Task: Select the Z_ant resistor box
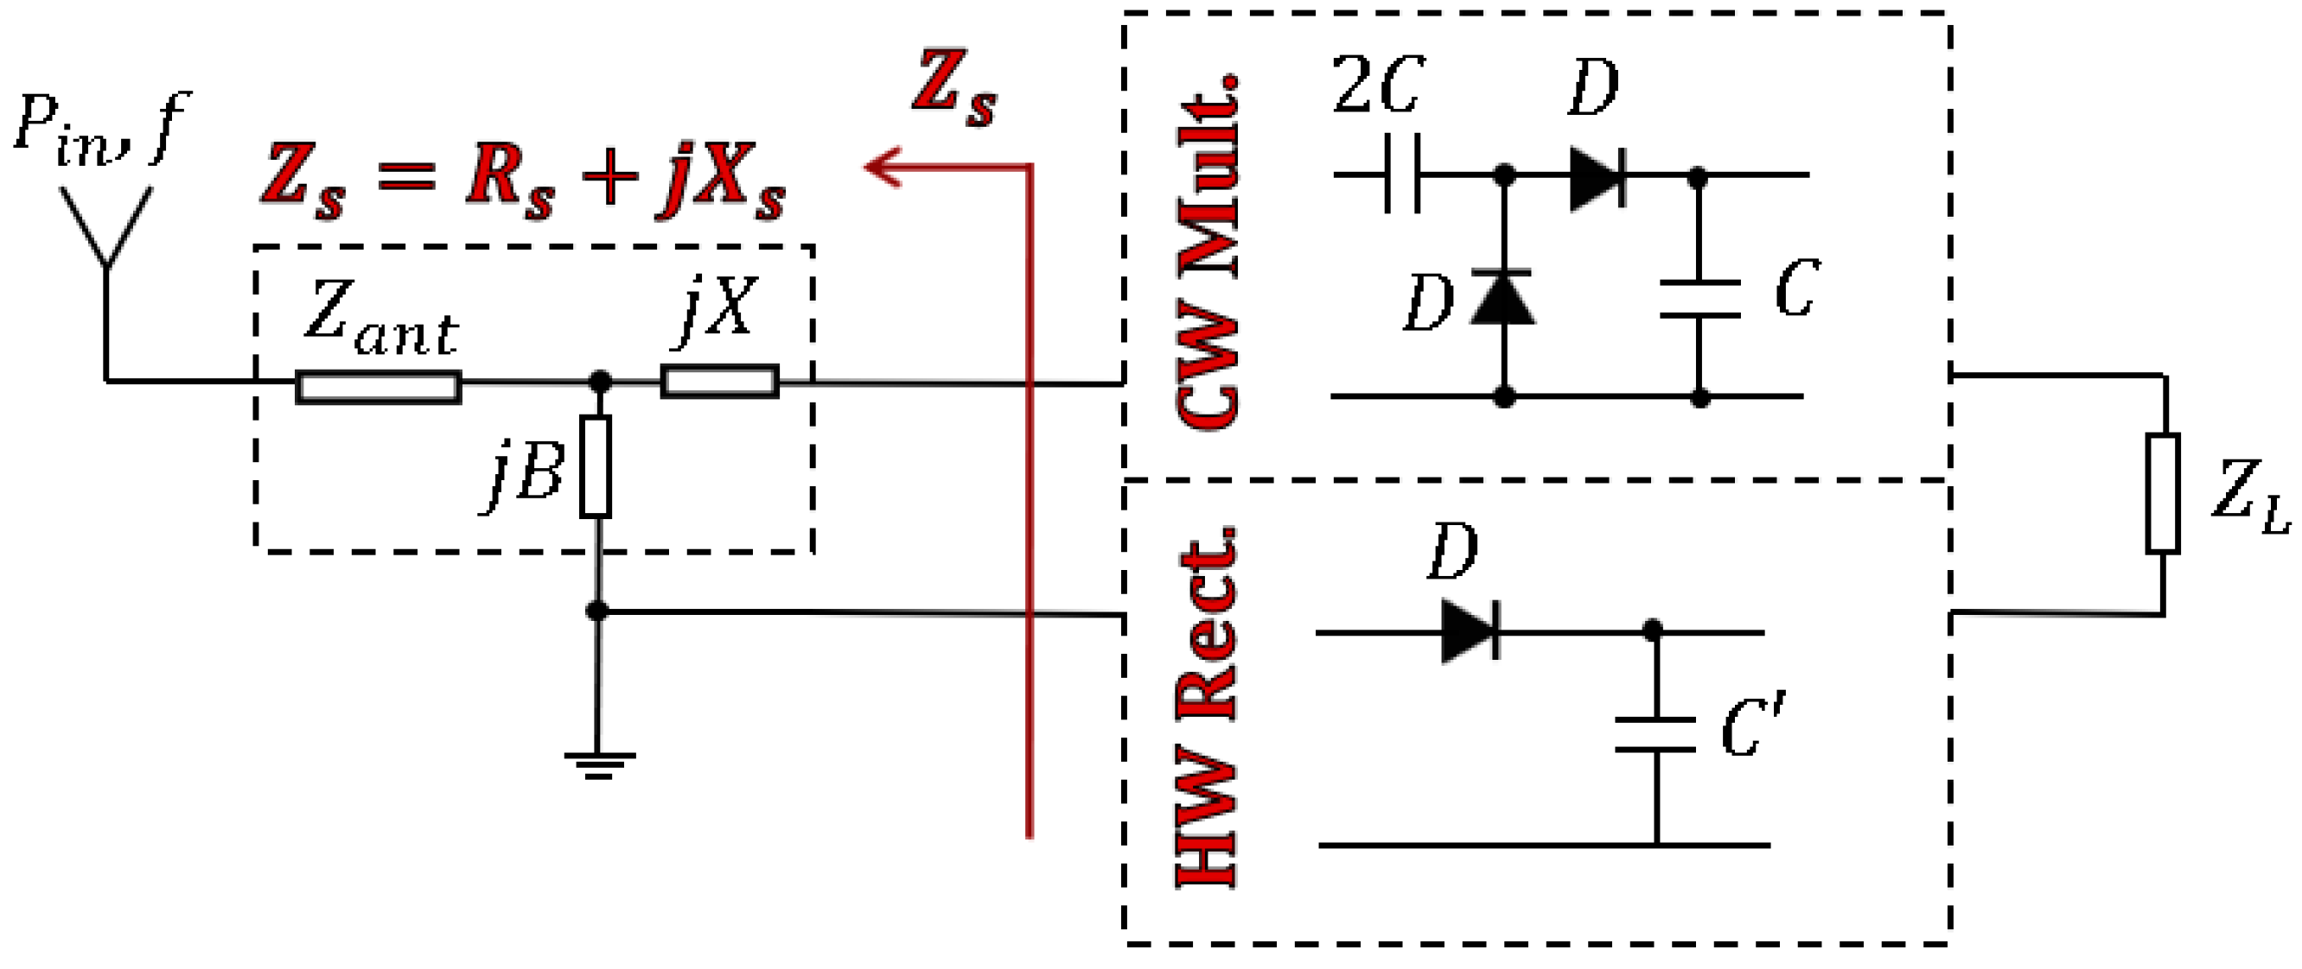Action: pos(378,388)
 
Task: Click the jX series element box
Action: pos(719,382)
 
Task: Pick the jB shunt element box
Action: pos(596,466)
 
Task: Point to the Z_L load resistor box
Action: pos(2163,494)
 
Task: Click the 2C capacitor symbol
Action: pos(1402,174)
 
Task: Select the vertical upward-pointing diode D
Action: pos(1503,296)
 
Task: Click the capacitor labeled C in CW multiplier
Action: pos(1699,299)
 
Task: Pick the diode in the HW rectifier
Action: pos(1470,630)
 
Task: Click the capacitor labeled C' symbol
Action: pos(1655,733)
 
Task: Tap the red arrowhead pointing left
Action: pos(883,167)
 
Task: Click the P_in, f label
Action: pos(102,130)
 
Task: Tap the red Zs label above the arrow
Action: pos(953,89)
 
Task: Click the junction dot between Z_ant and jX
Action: pos(601,383)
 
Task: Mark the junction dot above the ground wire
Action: pos(597,611)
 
